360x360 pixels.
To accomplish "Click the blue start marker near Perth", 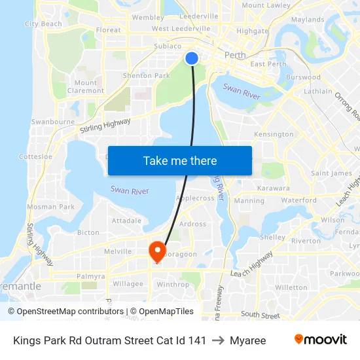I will click(192, 58).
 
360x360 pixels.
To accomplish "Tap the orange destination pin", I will click(157, 251).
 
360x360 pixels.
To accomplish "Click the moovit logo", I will click(321, 340).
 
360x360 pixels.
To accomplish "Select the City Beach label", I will click(43, 24).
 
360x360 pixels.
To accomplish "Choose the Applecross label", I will click(196, 198).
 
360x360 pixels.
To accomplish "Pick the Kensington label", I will click(274, 134).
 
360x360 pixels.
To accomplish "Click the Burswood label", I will click(303, 77).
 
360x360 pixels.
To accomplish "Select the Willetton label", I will click(291, 287).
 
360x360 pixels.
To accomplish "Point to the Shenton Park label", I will click(146, 76).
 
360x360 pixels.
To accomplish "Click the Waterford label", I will click(299, 200).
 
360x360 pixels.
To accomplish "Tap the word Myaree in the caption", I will click(247, 340).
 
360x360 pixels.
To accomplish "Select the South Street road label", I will click(260, 315).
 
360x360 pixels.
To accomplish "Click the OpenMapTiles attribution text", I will click(161, 312).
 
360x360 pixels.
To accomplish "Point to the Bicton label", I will click(88, 232).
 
